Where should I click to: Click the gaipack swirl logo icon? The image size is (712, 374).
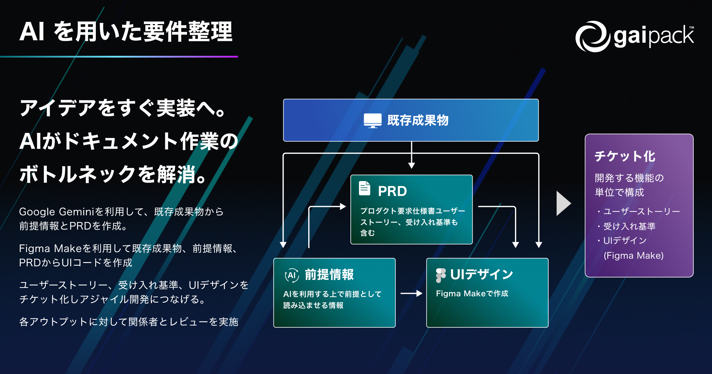click(592, 36)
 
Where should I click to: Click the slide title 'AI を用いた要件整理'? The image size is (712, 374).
click(126, 31)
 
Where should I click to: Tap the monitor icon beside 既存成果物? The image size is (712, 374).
click(373, 121)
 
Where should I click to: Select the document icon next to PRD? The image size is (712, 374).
click(365, 188)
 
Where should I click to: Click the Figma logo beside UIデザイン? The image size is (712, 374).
click(441, 275)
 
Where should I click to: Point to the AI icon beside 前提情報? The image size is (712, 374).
click(292, 275)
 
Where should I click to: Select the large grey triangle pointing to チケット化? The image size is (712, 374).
click(563, 203)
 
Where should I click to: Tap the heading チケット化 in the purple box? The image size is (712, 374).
click(625, 156)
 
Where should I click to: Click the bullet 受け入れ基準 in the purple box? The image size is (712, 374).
click(629, 226)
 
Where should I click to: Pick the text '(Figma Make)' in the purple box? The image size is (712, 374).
click(633, 256)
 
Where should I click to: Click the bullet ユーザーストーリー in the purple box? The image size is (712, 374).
click(641, 211)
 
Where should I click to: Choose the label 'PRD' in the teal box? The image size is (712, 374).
click(392, 191)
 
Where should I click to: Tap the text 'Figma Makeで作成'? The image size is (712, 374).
click(472, 294)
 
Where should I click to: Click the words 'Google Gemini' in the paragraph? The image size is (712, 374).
click(56, 212)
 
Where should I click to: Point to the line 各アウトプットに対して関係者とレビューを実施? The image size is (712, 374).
click(129, 322)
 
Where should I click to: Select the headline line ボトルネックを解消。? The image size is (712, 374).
click(113, 174)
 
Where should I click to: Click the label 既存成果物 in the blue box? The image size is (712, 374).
click(418, 121)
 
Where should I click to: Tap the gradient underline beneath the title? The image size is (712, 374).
click(119, 56)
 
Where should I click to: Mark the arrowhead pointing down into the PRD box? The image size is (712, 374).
click(411, 166)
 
